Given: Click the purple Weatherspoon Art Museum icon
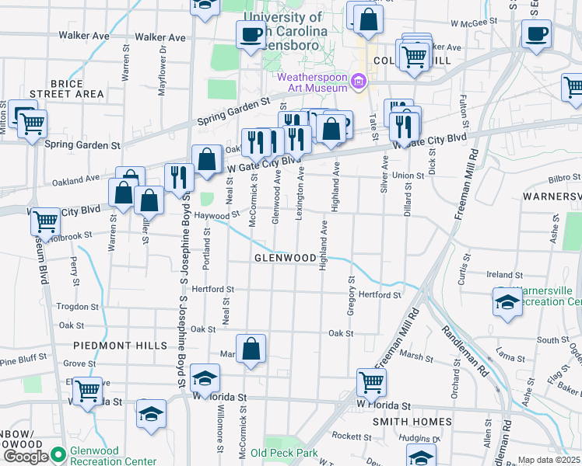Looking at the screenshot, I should (x=359, y=81).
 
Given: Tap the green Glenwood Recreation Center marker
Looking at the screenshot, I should (x=58, y=456).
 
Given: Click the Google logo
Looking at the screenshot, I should (x=25, y=457).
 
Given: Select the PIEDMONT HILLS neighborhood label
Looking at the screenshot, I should (x=121, y=345).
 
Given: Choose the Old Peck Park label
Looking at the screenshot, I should (x=284, y=453).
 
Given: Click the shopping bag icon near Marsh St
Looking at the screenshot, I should (x=251, y=350).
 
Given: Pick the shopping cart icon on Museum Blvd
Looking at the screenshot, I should (x=45, y=221).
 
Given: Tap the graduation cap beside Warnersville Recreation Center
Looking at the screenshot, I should (x=507, y=303).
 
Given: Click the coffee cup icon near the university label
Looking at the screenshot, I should (x=251, y=35).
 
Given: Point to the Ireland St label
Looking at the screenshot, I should (x=504, y=275).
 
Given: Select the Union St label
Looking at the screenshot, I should (x=408, y=176).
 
